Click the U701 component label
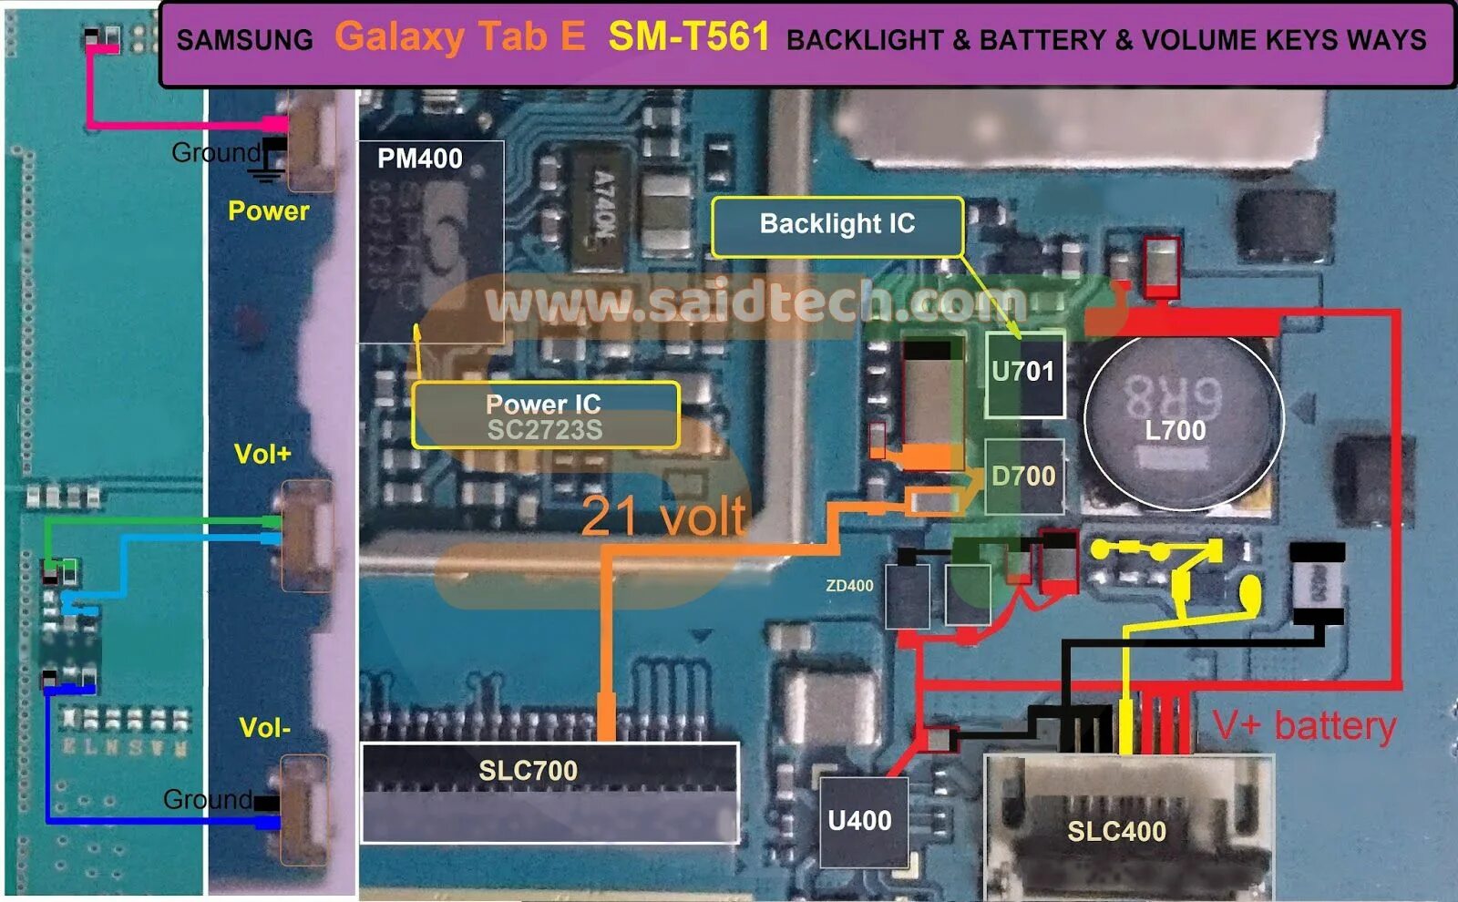1023,372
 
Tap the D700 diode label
1023,476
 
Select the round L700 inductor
1183,419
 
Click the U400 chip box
860,821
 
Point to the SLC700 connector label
529,771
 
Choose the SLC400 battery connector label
1117,831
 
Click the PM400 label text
420,159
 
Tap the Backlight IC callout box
837,225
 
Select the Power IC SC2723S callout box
545,415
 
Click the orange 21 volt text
663,516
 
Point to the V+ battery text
1305,726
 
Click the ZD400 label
849,586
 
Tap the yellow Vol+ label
262,454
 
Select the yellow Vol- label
264,727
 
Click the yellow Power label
269,211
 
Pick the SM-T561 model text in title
689,37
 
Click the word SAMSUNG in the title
244,40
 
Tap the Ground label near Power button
215,152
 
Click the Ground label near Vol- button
207,799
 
